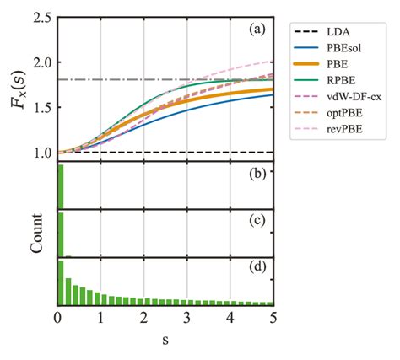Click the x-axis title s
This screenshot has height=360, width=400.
pos(165,341)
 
